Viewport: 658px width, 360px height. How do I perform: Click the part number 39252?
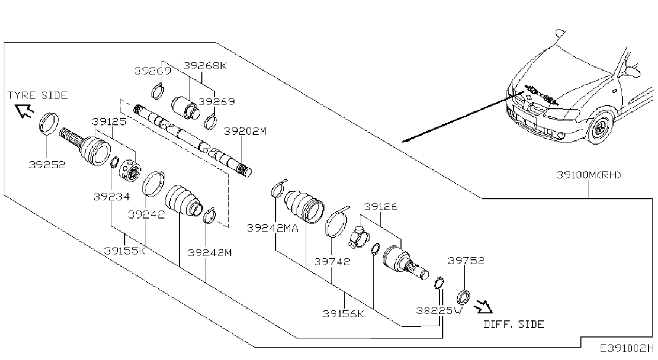pos(47,165)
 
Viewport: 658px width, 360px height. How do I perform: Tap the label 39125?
pos(109,122)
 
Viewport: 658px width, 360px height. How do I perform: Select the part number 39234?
pos(111,197)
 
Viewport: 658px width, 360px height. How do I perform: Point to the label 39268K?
pos(205,65)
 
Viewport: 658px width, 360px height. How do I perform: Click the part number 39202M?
pos(245,131)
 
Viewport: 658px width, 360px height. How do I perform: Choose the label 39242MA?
pos(273,228)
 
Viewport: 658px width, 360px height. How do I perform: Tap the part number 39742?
pos(332,261)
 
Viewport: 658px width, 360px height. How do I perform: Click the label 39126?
pos(381,207)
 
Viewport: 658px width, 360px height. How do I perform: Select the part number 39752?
pos(466,261)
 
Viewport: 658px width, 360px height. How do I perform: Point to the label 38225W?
pos(439,311)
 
